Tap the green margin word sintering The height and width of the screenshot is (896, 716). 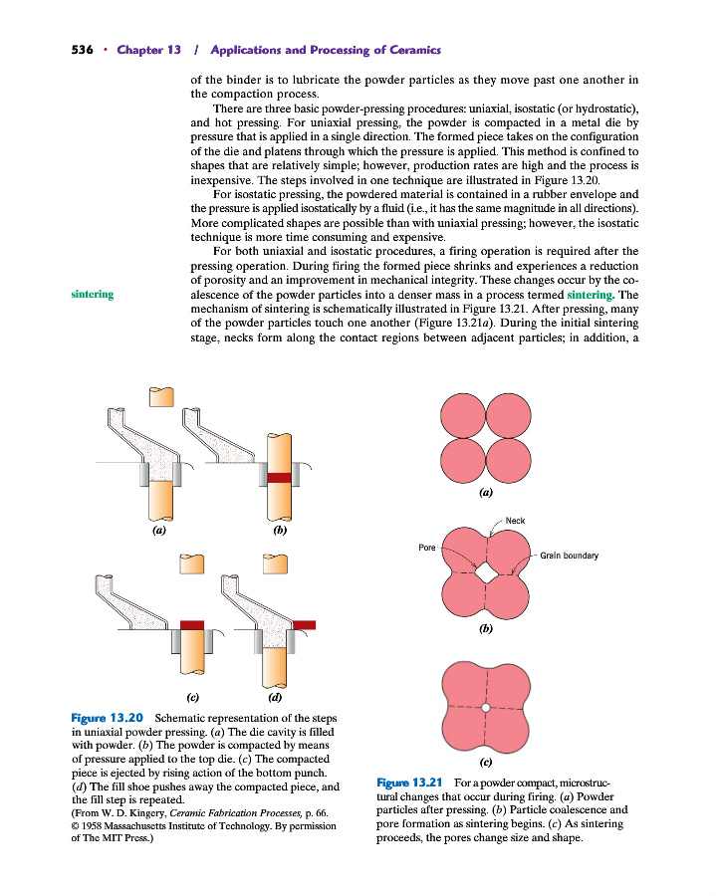tap(92, 295)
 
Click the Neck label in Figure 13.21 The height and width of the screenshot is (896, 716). tap(515, 521)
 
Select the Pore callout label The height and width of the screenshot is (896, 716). tap(427, 548)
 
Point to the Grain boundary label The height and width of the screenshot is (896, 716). tap(569, 556)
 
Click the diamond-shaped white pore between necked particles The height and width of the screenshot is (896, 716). tap(485, 574)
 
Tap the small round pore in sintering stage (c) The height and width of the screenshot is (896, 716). tap(485, 708)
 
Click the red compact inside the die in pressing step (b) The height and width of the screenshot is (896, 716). tap(278, 478)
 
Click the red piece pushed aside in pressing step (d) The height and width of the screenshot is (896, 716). tap(305, 624)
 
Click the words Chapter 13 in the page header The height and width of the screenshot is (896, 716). tap(148, 50)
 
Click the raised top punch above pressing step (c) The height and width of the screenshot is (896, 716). tap(191, 564)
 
